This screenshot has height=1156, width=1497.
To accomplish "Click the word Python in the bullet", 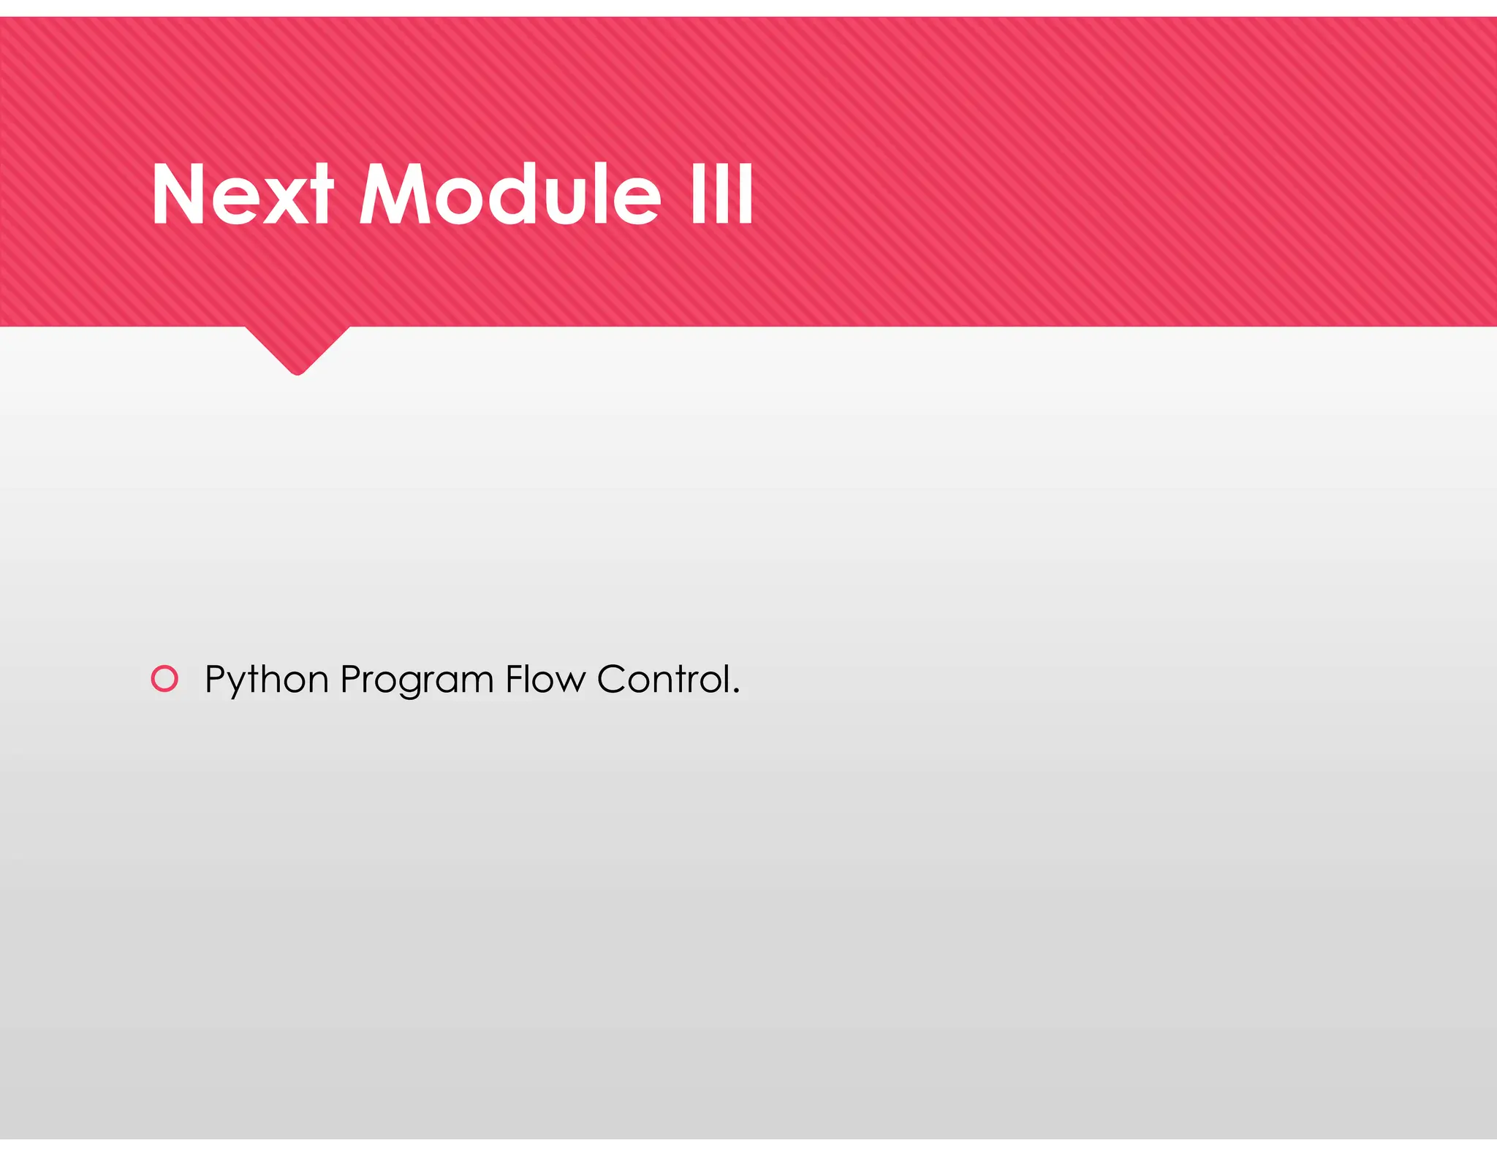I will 266,680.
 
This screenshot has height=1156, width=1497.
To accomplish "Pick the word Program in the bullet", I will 417,680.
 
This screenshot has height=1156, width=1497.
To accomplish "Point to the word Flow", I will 545,679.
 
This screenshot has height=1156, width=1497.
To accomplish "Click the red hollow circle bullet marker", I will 164,679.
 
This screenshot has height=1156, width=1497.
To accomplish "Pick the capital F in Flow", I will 514,679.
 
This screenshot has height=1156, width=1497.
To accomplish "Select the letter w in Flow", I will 571,682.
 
